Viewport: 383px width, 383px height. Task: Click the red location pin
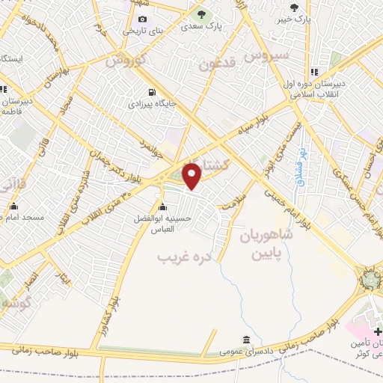(x=193, y=177)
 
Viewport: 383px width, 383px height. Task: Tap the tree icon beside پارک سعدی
(x=200, y=13)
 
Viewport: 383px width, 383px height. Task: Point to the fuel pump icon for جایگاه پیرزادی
(x=153, y=94)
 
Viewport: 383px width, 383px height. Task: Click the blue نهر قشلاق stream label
(x=303, y=165)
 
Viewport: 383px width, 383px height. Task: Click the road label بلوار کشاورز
(x=116, y=299)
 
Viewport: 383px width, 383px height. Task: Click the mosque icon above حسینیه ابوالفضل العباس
(x=163, y=207)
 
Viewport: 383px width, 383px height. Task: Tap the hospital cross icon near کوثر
(x=377, y=330)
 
